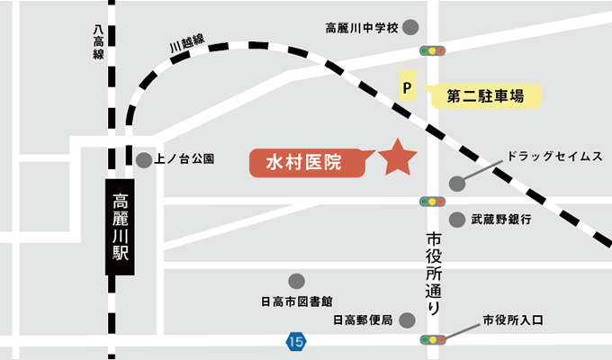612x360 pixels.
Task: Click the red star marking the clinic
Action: [x=397, y=157]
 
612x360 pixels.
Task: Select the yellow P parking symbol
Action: [x=406, y=88]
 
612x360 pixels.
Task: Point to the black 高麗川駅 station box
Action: [x=121, y=226]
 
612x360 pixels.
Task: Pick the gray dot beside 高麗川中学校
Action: [x=411, y=27]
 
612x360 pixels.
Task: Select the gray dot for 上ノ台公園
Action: [x=144, y=160]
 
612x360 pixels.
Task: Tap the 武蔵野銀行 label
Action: [x=502, y=219]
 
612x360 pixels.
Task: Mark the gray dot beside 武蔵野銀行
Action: [x=456, y=219]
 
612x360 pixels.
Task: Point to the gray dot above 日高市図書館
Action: [x=297, y=280]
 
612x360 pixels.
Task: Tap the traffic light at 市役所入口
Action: [x=432, y=340]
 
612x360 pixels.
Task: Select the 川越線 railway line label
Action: [x=187, y=42]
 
